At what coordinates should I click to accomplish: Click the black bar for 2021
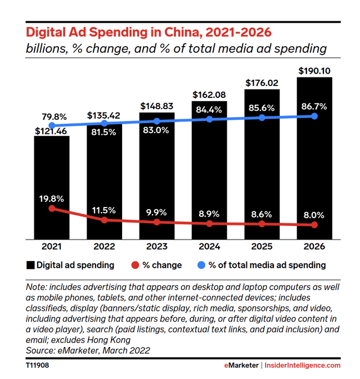tap(51, 186)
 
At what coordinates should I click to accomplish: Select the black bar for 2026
tap(314, 157)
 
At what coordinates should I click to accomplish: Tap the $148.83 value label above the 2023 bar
tap(157, 106)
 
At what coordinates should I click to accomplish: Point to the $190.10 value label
tap(314, 70)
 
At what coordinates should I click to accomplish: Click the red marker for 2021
tap(52, 209)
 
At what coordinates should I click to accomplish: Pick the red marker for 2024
tap(209, 223)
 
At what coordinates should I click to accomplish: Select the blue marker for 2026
tap(314, 116)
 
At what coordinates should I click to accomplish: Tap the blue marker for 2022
tap(104, 123)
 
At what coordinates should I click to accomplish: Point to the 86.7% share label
tap(314, 105)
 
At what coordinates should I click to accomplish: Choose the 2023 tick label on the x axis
tap(157, 246)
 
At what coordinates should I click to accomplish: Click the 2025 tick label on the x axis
tap(262, 246)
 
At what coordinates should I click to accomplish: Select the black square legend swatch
tap(30, 264)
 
